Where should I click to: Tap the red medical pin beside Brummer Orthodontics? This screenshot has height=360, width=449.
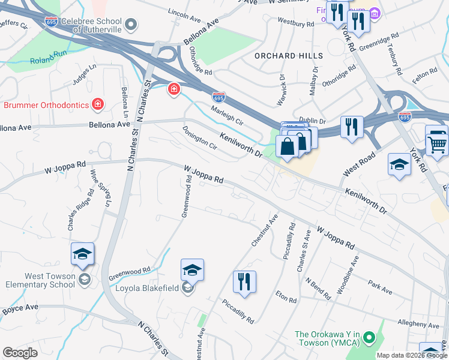click(98, 105)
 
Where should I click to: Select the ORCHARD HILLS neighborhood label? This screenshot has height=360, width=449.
click(289, 56)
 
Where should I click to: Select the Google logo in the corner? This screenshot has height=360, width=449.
click(20, 353)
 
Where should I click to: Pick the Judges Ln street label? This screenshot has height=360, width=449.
click(84, 74)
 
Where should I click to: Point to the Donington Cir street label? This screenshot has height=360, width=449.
click(199, 137)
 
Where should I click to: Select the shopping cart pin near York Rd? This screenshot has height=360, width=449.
click(436, 143)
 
